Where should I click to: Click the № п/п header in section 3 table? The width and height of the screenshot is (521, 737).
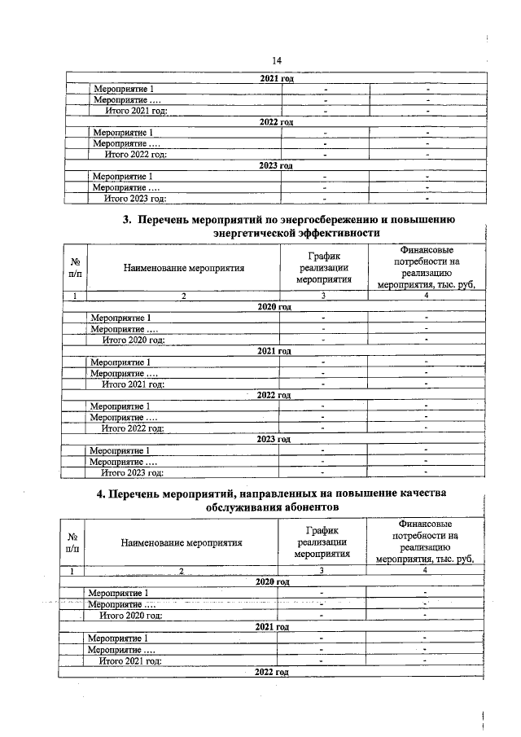point(75,266)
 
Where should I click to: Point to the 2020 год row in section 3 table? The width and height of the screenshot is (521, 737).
point(274,307)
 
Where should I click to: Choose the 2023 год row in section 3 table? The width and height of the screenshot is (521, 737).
point(274,439)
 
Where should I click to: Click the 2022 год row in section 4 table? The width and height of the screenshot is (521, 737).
point(272,672)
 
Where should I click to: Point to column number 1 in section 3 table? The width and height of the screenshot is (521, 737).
point(75,296)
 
